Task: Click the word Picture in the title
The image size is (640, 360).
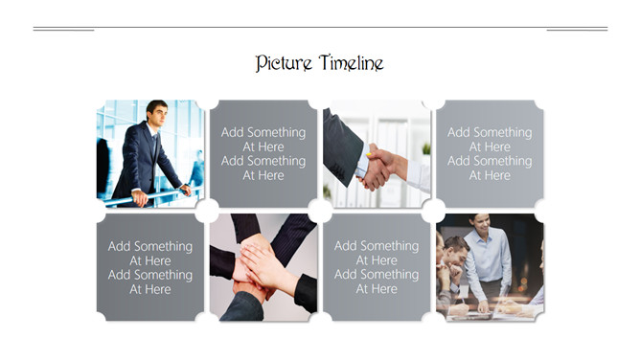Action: [x=284, y=63]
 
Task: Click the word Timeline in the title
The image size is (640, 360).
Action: [x=352, y=63]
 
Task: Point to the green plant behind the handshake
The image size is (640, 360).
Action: [x=426, y=148]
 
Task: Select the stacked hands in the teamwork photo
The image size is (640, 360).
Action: [x=257, y=265]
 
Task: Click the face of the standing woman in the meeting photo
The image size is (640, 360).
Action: [x=482, y=224]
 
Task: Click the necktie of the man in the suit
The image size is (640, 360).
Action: [x=154, y=144]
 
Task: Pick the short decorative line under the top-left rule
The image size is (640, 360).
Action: [x=63, y=31]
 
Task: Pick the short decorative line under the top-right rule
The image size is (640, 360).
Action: [x=577, y=31]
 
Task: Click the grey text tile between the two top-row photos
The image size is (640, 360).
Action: [x=263, y=154]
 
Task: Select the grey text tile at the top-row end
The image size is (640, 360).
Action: [x=490, y=154]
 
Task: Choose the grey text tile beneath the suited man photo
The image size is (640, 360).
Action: [x=150, y=267]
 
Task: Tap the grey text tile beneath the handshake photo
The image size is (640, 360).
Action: [x=377, y=267]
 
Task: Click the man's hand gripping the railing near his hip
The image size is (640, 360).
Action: [x=140, y=198]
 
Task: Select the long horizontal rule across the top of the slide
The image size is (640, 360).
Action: [x=320, y=28]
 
